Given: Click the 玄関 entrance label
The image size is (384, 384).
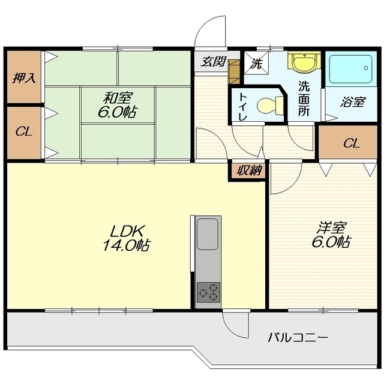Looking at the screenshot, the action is click(x=213, y=62).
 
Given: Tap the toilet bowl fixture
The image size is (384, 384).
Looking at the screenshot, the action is click(x=270, y=106).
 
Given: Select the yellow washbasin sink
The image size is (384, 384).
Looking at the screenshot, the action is click(x=304, y=62).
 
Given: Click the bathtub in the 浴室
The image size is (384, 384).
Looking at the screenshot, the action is click(x=351, y=69).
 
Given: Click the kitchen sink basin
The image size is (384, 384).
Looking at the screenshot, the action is click(x=208, y=234).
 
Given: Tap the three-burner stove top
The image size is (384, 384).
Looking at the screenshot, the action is click(x=208, y=292).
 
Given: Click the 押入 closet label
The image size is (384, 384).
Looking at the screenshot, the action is click(x=24, y=78).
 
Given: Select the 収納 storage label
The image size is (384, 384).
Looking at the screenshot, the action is click(x=248, y=170).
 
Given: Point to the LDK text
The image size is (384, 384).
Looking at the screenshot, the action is click(x=127, y=231).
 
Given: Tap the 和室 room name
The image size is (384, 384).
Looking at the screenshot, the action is click(x=118, y=98).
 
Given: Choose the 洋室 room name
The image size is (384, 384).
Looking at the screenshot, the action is click(x=331, y=228).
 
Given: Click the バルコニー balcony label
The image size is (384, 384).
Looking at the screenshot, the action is click(x=298, y=338).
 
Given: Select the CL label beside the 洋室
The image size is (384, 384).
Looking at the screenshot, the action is click(x=352, y=143).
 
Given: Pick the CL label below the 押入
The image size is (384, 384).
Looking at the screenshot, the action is click(x=24, y=132).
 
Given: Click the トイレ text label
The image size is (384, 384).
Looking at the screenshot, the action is click(x=243, y=107).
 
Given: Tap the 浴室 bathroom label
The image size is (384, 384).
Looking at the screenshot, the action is click(x=353, y=102).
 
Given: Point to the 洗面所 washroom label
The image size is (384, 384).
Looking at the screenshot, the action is click(x=304, y=98).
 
